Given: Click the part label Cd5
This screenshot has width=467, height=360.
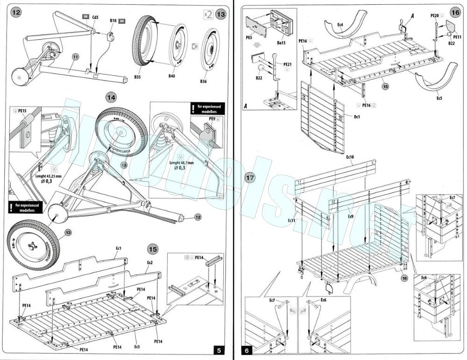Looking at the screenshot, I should pos(95,17).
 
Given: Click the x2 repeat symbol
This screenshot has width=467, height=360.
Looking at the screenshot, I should pos(208,14).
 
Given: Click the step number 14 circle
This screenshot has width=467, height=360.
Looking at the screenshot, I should pos(111,98).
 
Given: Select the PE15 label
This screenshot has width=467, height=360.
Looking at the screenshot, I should pos(21,111).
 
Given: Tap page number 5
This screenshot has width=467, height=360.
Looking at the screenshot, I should pos(219,350).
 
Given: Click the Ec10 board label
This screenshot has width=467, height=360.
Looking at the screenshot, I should pos(350,157).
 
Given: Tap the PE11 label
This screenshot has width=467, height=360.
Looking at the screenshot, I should pos(457,36).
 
